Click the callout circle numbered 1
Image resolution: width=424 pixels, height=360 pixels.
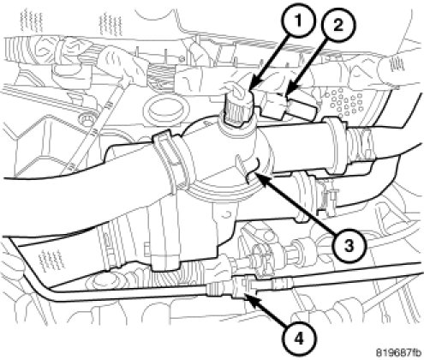[297, 21]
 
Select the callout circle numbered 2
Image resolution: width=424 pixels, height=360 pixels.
[337, 27]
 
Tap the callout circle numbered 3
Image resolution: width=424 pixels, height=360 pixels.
[349, 246]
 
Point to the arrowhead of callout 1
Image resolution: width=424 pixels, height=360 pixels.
[253, 86]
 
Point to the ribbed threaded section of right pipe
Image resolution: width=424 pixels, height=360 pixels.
[362, 144]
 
